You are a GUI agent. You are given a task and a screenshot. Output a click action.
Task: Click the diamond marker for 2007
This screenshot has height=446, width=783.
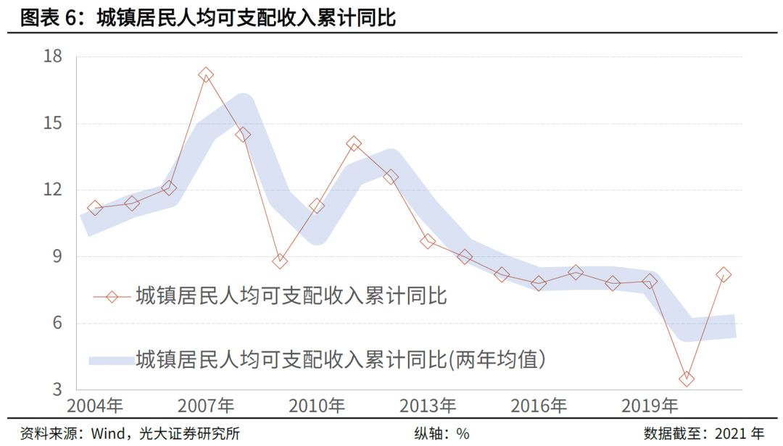point(206,75)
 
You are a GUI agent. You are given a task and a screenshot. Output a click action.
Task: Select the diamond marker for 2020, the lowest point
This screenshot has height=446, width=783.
point(686,379)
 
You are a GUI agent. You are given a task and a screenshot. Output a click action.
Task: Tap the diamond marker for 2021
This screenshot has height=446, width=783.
point(723,274)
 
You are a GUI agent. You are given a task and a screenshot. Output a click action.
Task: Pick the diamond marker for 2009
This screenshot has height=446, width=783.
point(280,261)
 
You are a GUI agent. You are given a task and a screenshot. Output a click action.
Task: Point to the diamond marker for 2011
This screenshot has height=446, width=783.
point(354,144)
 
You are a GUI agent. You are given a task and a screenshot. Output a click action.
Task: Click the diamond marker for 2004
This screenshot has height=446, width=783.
point(94,208)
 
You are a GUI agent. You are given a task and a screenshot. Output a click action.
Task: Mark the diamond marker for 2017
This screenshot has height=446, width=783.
point(576,272)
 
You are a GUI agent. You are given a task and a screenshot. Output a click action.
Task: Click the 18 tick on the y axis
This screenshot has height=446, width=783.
point(54,57)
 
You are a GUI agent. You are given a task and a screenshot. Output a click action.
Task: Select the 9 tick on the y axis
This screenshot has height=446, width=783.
point(58,257)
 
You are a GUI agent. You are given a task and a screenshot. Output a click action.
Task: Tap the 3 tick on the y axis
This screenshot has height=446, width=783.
point(58,390)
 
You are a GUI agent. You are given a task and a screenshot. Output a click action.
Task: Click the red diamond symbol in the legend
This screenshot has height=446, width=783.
point(111,296)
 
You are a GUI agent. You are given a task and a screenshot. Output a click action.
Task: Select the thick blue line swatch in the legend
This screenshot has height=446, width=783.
point(109,359)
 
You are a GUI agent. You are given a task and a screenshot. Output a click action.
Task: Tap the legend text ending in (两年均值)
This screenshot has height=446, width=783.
point(341,359)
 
